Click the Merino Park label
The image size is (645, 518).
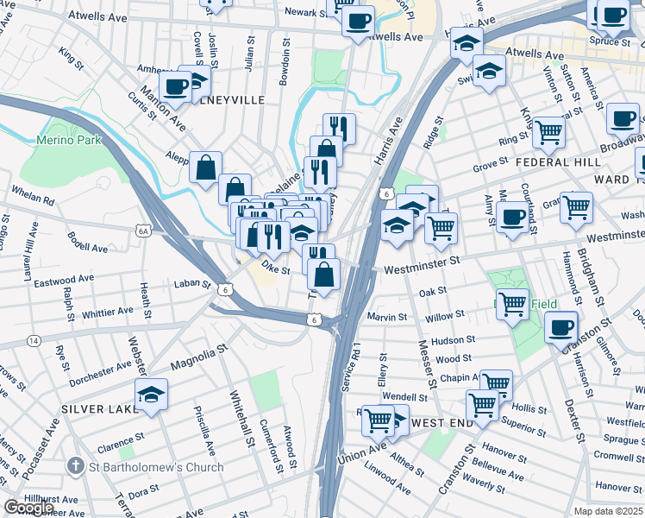click(69, 140)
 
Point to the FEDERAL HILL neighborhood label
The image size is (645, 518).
click(558, 162)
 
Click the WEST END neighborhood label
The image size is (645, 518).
click(441, 422)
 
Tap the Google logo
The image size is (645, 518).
click(29, 508)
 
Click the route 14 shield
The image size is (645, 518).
click(34, 341)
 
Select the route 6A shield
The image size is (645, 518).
click(143, 231)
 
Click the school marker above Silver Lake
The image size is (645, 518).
click(151, 395)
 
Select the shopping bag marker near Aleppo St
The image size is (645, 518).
click(206, 167)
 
